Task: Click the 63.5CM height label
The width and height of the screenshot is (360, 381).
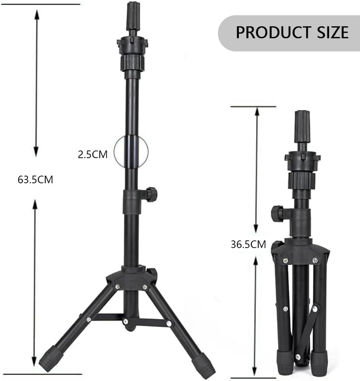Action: point(35,179)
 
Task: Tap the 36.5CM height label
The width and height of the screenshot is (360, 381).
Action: point(248,244)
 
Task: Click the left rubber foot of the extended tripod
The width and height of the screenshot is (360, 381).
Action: point(51,359)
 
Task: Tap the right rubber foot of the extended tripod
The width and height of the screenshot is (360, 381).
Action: point(205,365)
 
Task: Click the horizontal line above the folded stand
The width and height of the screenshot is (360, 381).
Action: point(253,107)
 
